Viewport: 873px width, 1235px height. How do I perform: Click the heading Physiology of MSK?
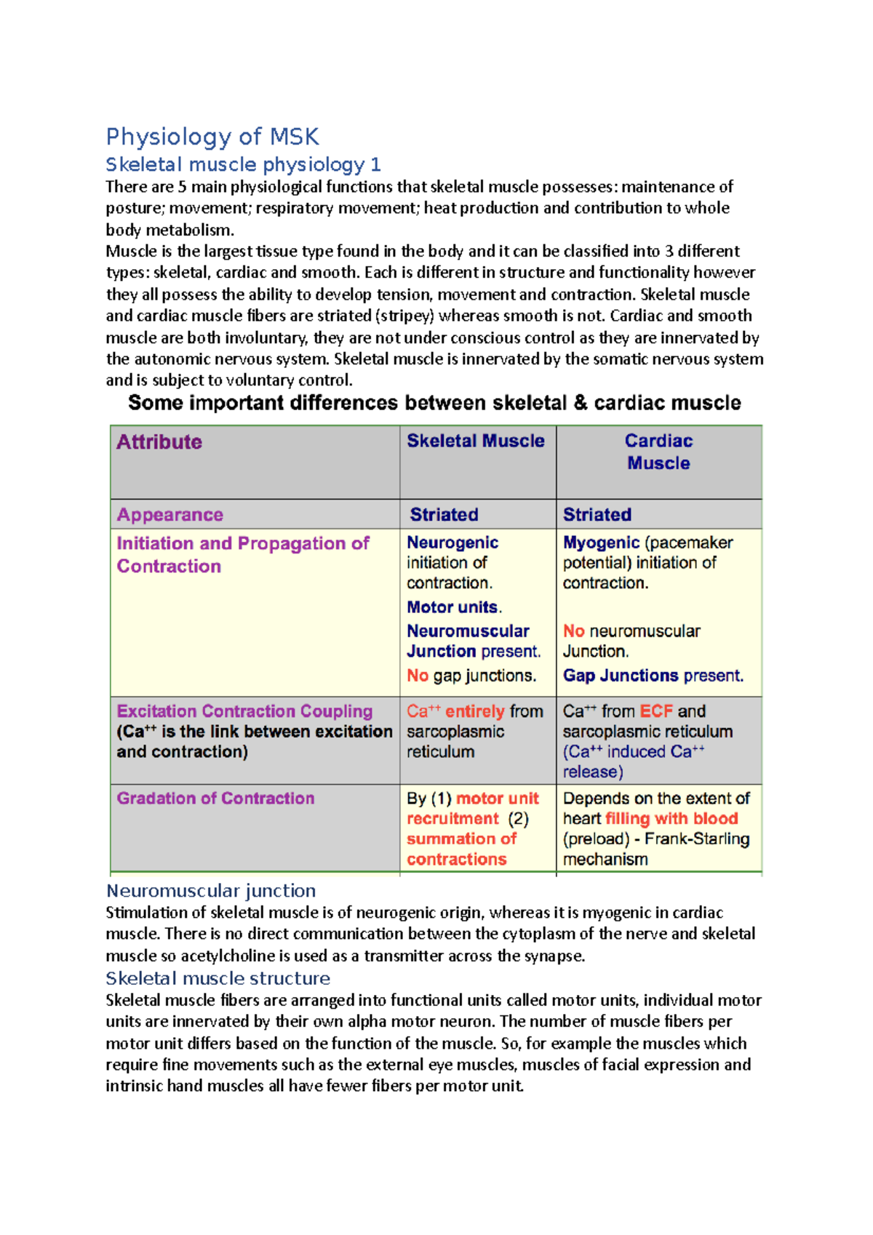point(212,137)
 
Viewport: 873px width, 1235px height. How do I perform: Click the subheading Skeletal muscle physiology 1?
point(243,164)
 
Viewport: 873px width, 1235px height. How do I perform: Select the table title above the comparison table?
point(434,403)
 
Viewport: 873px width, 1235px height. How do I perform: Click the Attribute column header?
point(159,442)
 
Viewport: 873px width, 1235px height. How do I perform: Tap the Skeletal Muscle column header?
point(475,441)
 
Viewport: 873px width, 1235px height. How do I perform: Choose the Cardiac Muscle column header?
point(658,452)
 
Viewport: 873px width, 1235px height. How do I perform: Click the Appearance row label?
point(170,515)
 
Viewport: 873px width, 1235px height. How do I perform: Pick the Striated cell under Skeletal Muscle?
point(444,515)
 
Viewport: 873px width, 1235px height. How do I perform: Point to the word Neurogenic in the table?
point(453,543)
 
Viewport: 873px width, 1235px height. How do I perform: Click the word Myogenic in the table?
point(601,543)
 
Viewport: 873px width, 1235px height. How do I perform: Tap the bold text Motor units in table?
point(453,607)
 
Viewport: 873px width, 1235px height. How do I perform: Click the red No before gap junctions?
point(417,676)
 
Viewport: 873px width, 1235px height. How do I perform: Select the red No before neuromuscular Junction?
point(573,631)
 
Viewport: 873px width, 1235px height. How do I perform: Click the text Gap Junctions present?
point(653,676)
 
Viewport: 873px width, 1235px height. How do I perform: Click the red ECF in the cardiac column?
point(655,711)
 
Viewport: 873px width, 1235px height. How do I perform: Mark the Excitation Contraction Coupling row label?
point(244,711)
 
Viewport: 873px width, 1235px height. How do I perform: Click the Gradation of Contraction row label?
point(215,799)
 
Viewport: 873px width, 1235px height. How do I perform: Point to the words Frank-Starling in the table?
point(696,839)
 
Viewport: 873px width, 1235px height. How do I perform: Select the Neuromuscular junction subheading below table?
point(211,891)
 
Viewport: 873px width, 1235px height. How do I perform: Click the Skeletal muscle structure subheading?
point(218,978)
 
